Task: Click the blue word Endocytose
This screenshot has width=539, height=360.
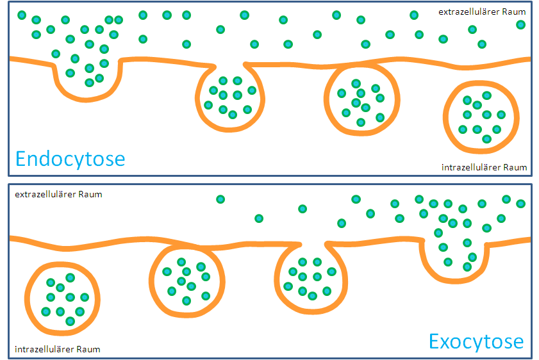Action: point(70,158)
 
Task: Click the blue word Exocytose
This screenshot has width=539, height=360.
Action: point(476,340)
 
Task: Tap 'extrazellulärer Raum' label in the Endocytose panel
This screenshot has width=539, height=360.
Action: point(482,12)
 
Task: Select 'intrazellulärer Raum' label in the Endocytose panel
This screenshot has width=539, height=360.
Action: point(484,167)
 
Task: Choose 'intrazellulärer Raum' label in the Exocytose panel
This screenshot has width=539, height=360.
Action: point(57,349)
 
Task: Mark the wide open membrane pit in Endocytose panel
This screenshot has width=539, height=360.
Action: point(87,77)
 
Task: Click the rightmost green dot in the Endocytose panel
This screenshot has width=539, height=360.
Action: point(520,24)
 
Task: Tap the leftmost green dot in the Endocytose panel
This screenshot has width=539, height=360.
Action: point(22,15)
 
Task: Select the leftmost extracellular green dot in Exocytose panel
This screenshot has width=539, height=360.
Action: point(220,199)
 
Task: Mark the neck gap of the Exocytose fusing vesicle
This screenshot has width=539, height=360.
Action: point(313,244)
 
